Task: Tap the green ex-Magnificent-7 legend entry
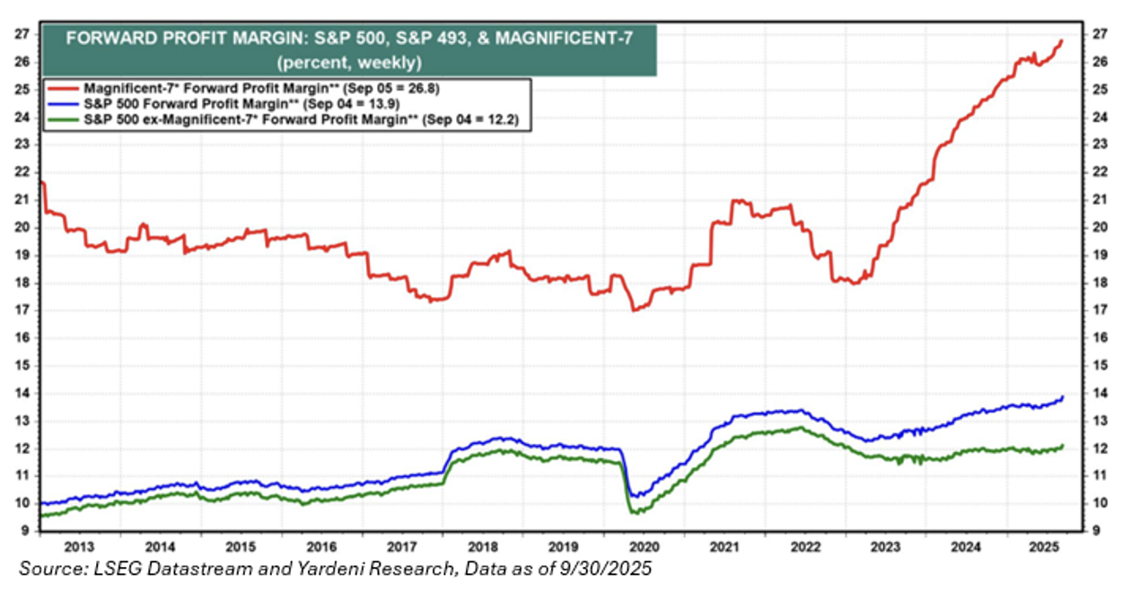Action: pos(286,119)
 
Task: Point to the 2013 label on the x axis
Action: pos(79,546)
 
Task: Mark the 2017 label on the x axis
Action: pos(402,546)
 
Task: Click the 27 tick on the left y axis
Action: pos(22,34)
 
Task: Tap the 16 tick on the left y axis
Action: pos(22,338)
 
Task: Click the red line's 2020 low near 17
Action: pos(634,310)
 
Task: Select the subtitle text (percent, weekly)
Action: pos(350,63)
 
